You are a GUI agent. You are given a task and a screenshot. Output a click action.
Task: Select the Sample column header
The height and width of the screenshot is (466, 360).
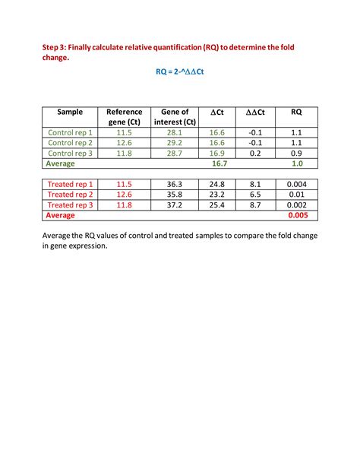pyautogui.click(x=70, y=112)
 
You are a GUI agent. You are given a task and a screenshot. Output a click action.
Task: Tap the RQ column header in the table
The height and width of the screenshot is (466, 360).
pyautogui.click(x=296, y=112)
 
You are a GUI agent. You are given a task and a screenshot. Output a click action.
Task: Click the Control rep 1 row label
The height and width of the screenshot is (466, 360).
pyautogui.click(x=70, y=132)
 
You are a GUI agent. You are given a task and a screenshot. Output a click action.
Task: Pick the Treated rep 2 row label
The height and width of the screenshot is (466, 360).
pyautogui.click(x=70, y=195)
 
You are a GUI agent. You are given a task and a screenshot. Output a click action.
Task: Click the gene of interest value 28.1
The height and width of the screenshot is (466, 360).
pyautogui.click(x=175, y=132)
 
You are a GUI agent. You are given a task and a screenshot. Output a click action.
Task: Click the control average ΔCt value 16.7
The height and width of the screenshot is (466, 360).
pyautogui.click(x=220, y=163)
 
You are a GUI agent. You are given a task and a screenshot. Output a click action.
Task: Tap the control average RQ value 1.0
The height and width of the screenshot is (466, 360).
pyautogui.click(x=297, y=163)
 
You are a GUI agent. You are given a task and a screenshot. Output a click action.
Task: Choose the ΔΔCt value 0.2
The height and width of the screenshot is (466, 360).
pyautogui.click(x=255, y=153)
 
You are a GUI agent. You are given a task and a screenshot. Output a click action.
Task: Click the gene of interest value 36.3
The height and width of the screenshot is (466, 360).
pyautogui.click(x=175, y=184)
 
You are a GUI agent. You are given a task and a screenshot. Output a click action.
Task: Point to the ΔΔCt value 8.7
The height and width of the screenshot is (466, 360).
pyautogui.click(x=255, y=205)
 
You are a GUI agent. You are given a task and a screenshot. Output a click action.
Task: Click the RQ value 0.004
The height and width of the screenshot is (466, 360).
pyautogui.click(x=296, y=184)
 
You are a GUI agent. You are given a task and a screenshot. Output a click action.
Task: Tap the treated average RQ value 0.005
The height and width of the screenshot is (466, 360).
pyautogui.click(x=296, y=216)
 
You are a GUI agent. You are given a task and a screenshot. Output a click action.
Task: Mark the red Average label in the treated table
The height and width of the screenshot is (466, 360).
pyautogui.click(x=61, y=216)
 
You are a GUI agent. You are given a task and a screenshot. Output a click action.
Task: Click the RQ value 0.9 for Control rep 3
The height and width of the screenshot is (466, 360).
pyautogui.click(x=296, y=153)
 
